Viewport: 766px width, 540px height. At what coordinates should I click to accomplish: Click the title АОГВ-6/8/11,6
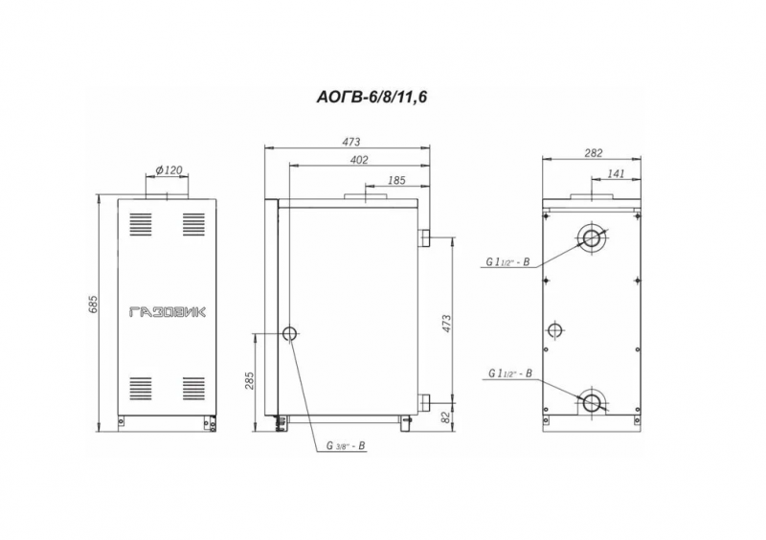tap(372, 98)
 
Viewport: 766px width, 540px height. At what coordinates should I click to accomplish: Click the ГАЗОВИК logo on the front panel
tap(168, 312)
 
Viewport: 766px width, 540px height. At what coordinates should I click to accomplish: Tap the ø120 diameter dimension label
tap(169, 170)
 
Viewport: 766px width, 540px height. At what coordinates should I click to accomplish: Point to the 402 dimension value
tap(359, 160)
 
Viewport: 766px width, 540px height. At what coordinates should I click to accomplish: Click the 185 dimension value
tap(396, 180)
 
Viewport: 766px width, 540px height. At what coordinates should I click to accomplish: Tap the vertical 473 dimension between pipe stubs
tap(446, 324)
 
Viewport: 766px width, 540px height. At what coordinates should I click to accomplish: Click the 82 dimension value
tap(445, 416)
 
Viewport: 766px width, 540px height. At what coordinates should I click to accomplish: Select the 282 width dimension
tap(593, 153)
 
